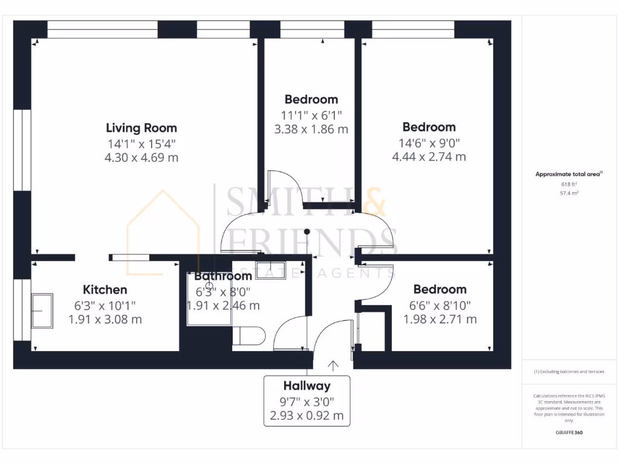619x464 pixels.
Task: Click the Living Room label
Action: coord(141,128)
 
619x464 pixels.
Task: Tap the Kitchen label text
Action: coord(105,290)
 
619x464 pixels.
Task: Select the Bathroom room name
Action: coord(223,276)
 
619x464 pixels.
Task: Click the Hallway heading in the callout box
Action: coord(307,386)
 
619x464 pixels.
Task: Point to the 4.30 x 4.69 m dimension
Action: coord(141,158)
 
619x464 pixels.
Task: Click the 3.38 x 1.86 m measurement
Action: coord(311,129)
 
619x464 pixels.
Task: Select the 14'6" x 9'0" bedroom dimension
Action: coord(429,143)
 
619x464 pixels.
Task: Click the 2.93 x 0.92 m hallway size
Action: coord(307,416)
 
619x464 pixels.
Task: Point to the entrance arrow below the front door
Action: coord(333,365)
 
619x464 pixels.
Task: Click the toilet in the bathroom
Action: coord(249,336)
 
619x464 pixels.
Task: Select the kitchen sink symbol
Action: coord(42,311)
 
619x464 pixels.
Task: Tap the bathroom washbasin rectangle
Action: coord(270,270)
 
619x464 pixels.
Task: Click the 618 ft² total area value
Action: coord(568,184)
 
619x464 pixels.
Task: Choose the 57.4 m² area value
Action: coord(568,193)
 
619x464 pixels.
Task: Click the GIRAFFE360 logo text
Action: coord(568,433)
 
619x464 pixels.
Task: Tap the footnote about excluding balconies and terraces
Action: coord(568,372)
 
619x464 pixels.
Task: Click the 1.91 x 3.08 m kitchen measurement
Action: coord(105,319)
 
